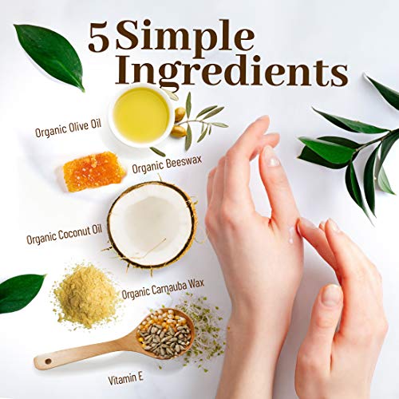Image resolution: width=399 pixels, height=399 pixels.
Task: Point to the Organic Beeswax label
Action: (x=163, y=168)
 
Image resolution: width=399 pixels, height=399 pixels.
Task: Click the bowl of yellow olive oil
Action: (x=140, y=116)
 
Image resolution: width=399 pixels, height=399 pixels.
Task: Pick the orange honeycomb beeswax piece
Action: (x=93, y=170)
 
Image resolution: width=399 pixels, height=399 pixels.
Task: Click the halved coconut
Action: (x=152, y=225)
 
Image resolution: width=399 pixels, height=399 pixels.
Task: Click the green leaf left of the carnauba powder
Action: (x=22, y=292)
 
